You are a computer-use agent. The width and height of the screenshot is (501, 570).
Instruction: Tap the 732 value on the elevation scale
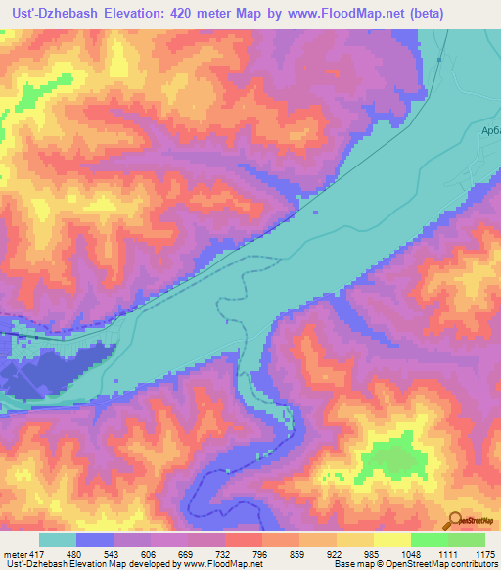pos(223,553)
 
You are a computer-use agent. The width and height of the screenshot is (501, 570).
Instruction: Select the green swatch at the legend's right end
pos(467,540)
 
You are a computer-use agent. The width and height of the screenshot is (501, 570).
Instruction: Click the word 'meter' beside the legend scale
pos(14,553)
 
